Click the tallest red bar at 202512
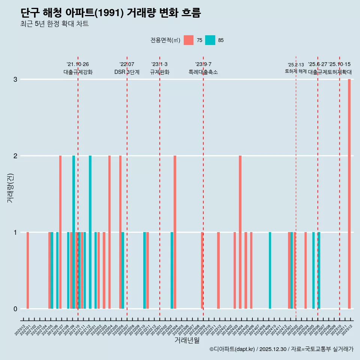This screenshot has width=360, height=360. (x=349, y=194)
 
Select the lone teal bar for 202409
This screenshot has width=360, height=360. (x=270, y=270)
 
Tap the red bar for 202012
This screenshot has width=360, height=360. (x=28, y=270)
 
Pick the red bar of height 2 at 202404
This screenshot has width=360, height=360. (x=240, y=232)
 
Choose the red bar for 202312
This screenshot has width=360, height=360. (x=218, y=270)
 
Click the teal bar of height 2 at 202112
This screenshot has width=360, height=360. (x=90, y=232)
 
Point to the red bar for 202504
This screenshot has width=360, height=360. (x=306, y=270)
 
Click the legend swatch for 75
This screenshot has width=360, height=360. (x=189, y=40)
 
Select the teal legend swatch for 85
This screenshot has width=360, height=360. (x=210, y=40)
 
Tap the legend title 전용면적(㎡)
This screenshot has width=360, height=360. (x=165, y=40)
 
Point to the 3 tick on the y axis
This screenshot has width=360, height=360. (x=15, y=79)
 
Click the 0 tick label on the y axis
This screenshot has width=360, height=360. (x=15, y=309)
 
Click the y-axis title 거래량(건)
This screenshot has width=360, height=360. (x=10, y=187)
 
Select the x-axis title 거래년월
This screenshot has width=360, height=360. (x=187, y=340)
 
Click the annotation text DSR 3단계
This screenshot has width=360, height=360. (x=127, y=72)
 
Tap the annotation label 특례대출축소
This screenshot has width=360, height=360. (x=203, y=72)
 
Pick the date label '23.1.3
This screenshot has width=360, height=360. (x=159, y=64)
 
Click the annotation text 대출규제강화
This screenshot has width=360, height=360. (x=78, y=72)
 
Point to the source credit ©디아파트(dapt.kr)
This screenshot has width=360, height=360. (x=232, y=349)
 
